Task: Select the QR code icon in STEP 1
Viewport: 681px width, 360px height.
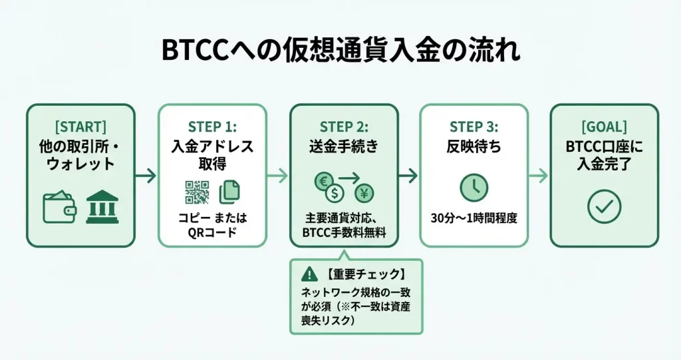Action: click(197, 192)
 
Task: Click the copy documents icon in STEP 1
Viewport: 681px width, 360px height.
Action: click(229, 192)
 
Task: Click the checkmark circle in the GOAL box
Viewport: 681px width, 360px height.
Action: click(604, 206)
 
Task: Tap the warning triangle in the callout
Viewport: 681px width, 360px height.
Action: click(309, 273)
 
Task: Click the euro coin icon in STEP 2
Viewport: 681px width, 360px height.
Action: click(323, 181)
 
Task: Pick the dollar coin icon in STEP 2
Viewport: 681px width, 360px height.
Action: click(336, 196)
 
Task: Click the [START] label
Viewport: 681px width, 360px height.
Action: click(80, 126)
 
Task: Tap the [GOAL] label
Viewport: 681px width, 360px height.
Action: click(604, 126)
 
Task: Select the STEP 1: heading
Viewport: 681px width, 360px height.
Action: click(213, 126)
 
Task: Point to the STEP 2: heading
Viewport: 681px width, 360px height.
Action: click(344, 126)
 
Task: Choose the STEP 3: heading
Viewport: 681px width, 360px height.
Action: click(474, 126)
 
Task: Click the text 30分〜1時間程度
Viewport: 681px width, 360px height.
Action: click(474, 218)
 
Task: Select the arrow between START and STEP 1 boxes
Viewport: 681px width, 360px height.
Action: click(146, 176)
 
